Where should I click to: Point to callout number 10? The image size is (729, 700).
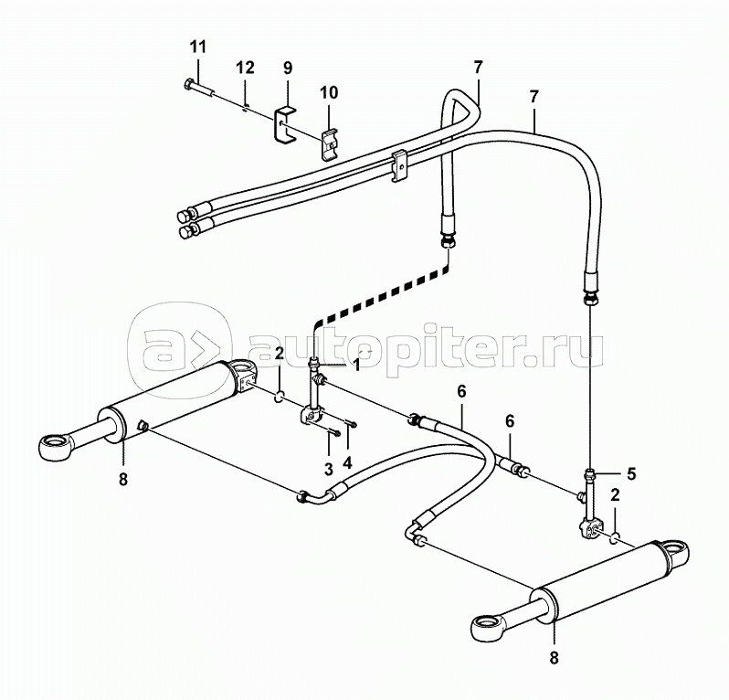click(328, 92)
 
